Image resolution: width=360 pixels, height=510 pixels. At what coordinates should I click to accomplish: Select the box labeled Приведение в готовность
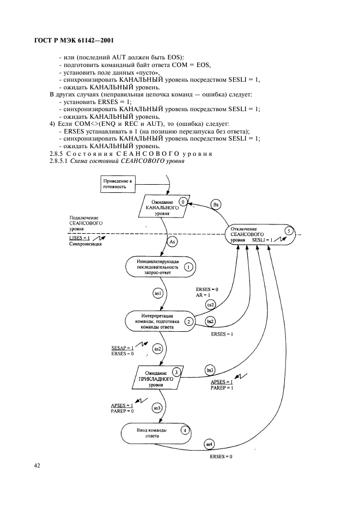point(118,183)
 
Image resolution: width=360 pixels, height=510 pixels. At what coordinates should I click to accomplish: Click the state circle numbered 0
point(184,202)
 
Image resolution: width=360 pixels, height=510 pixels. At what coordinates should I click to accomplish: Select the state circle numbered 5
point(289,231)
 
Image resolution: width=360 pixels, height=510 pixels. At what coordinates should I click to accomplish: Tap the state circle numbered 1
point(188,267)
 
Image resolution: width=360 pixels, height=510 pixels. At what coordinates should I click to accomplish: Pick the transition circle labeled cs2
point(209,304)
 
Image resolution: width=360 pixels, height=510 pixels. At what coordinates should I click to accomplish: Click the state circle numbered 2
point(188,321)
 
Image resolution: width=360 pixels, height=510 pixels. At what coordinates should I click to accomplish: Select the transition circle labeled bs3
point(210,370)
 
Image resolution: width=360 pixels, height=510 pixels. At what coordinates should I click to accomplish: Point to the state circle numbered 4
point(186,430)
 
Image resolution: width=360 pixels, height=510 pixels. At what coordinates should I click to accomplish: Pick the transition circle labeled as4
point(208,444)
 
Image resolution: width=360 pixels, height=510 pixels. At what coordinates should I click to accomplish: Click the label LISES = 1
point(80,238)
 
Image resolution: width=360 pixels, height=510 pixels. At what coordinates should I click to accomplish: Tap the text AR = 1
point(203,294)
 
